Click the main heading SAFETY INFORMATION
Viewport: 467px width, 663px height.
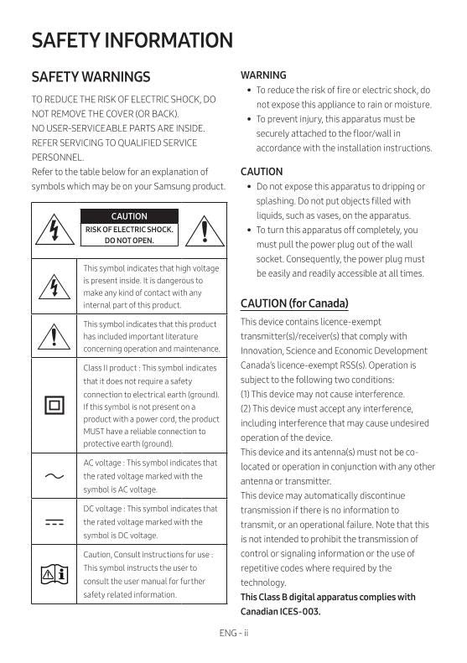click(132, 40)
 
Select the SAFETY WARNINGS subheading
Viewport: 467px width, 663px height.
click(91, 77)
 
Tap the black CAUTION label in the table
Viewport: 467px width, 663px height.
click(128, 216)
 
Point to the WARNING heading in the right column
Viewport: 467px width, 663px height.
click(263, 75)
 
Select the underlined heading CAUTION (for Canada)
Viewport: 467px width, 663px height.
click(294, 303)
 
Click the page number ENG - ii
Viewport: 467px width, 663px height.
click(233, 633)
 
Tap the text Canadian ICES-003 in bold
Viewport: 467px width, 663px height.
click(280, 611)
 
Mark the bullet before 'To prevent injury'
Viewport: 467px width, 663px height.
click(249, 119)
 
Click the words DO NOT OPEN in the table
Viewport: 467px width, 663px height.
click(129, 241)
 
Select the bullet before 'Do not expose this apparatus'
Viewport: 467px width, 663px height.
click(249, 187)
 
